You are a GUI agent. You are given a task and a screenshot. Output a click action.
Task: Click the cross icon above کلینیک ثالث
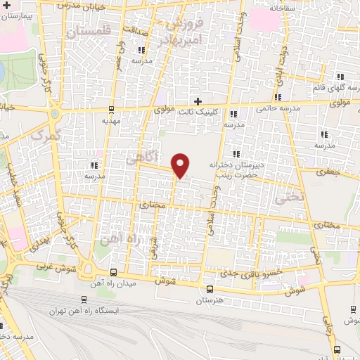point(198,101)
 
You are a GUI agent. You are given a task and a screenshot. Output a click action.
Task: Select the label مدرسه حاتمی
point(278,109)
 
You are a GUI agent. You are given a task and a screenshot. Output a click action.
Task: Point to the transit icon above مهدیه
point(110,109)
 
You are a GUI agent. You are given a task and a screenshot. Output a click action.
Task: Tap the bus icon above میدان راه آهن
point(114,272)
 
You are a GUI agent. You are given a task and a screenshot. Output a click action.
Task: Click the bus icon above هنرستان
point(209,289)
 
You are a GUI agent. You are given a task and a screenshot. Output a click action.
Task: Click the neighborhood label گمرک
point(46,133)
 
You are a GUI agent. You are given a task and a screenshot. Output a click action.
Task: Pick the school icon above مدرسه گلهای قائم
point(340,77)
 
